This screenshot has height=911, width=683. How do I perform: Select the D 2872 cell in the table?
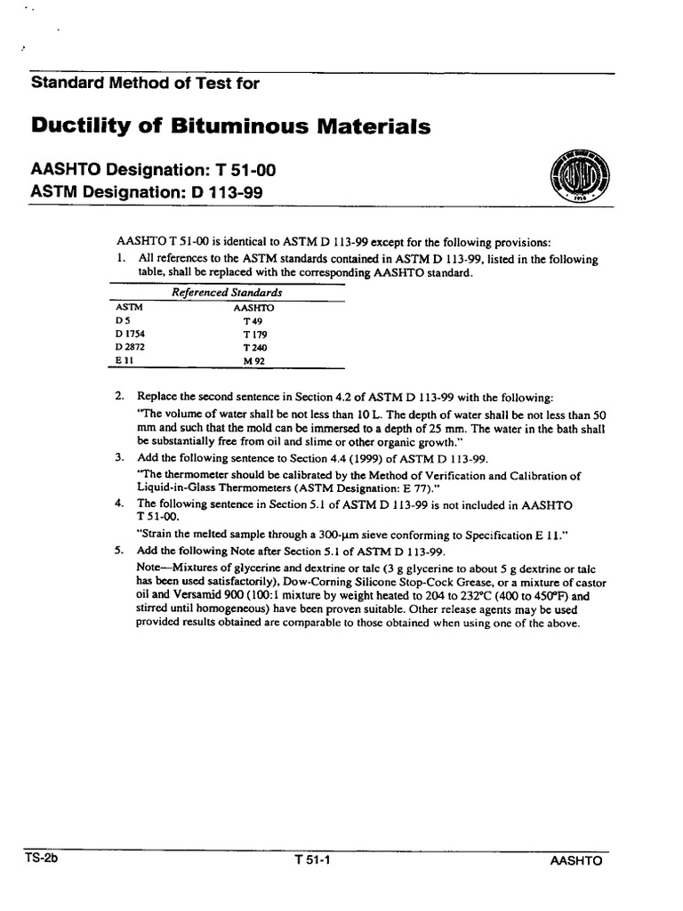click(130, 347)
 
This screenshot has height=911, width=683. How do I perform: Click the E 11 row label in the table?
click(123, 361)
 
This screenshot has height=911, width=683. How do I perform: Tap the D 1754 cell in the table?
click(130, 334)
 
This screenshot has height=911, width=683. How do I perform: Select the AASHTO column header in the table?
click(253, 306)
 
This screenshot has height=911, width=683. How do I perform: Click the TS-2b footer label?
click(44, 860)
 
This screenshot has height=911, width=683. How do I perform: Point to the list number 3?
click(118, 457)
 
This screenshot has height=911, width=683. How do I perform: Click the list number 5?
click(118, 551)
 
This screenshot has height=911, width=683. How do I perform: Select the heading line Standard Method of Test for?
click(146, 84)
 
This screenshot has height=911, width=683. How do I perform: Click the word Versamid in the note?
click(184, 597)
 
